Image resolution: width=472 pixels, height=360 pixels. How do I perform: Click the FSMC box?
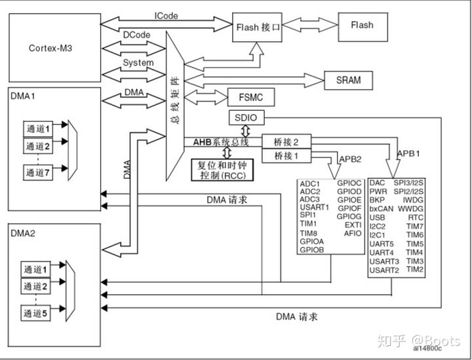(x=249, y=97)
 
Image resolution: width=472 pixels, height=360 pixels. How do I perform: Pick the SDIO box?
(x=247, y=119)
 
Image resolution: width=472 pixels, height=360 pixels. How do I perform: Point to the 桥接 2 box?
(x=286, y=142)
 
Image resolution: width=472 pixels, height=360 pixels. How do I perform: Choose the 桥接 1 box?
(x=286, y=156)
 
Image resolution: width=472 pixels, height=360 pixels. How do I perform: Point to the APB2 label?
(x=351, y=159)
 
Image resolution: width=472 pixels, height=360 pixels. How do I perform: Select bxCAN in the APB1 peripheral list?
(x=381, y=209)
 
